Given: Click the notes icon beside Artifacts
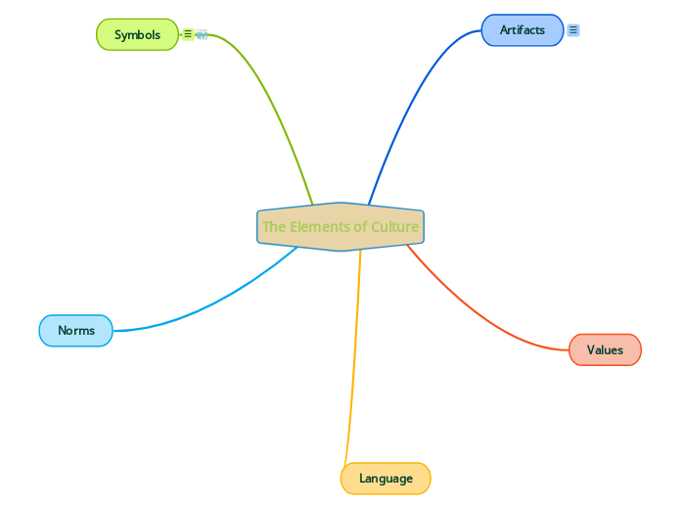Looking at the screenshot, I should [573, 30].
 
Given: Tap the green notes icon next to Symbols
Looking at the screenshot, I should [188, 34].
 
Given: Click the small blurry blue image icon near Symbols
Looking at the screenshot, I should [202, 34].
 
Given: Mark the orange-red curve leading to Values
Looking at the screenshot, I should [470, 313].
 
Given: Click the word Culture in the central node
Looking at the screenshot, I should [394, 227].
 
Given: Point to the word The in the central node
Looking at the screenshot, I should [274, 227].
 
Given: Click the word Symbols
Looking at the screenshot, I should [137, 34].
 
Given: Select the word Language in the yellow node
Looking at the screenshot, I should [386, 479].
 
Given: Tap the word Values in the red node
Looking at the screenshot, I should [605, 349].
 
